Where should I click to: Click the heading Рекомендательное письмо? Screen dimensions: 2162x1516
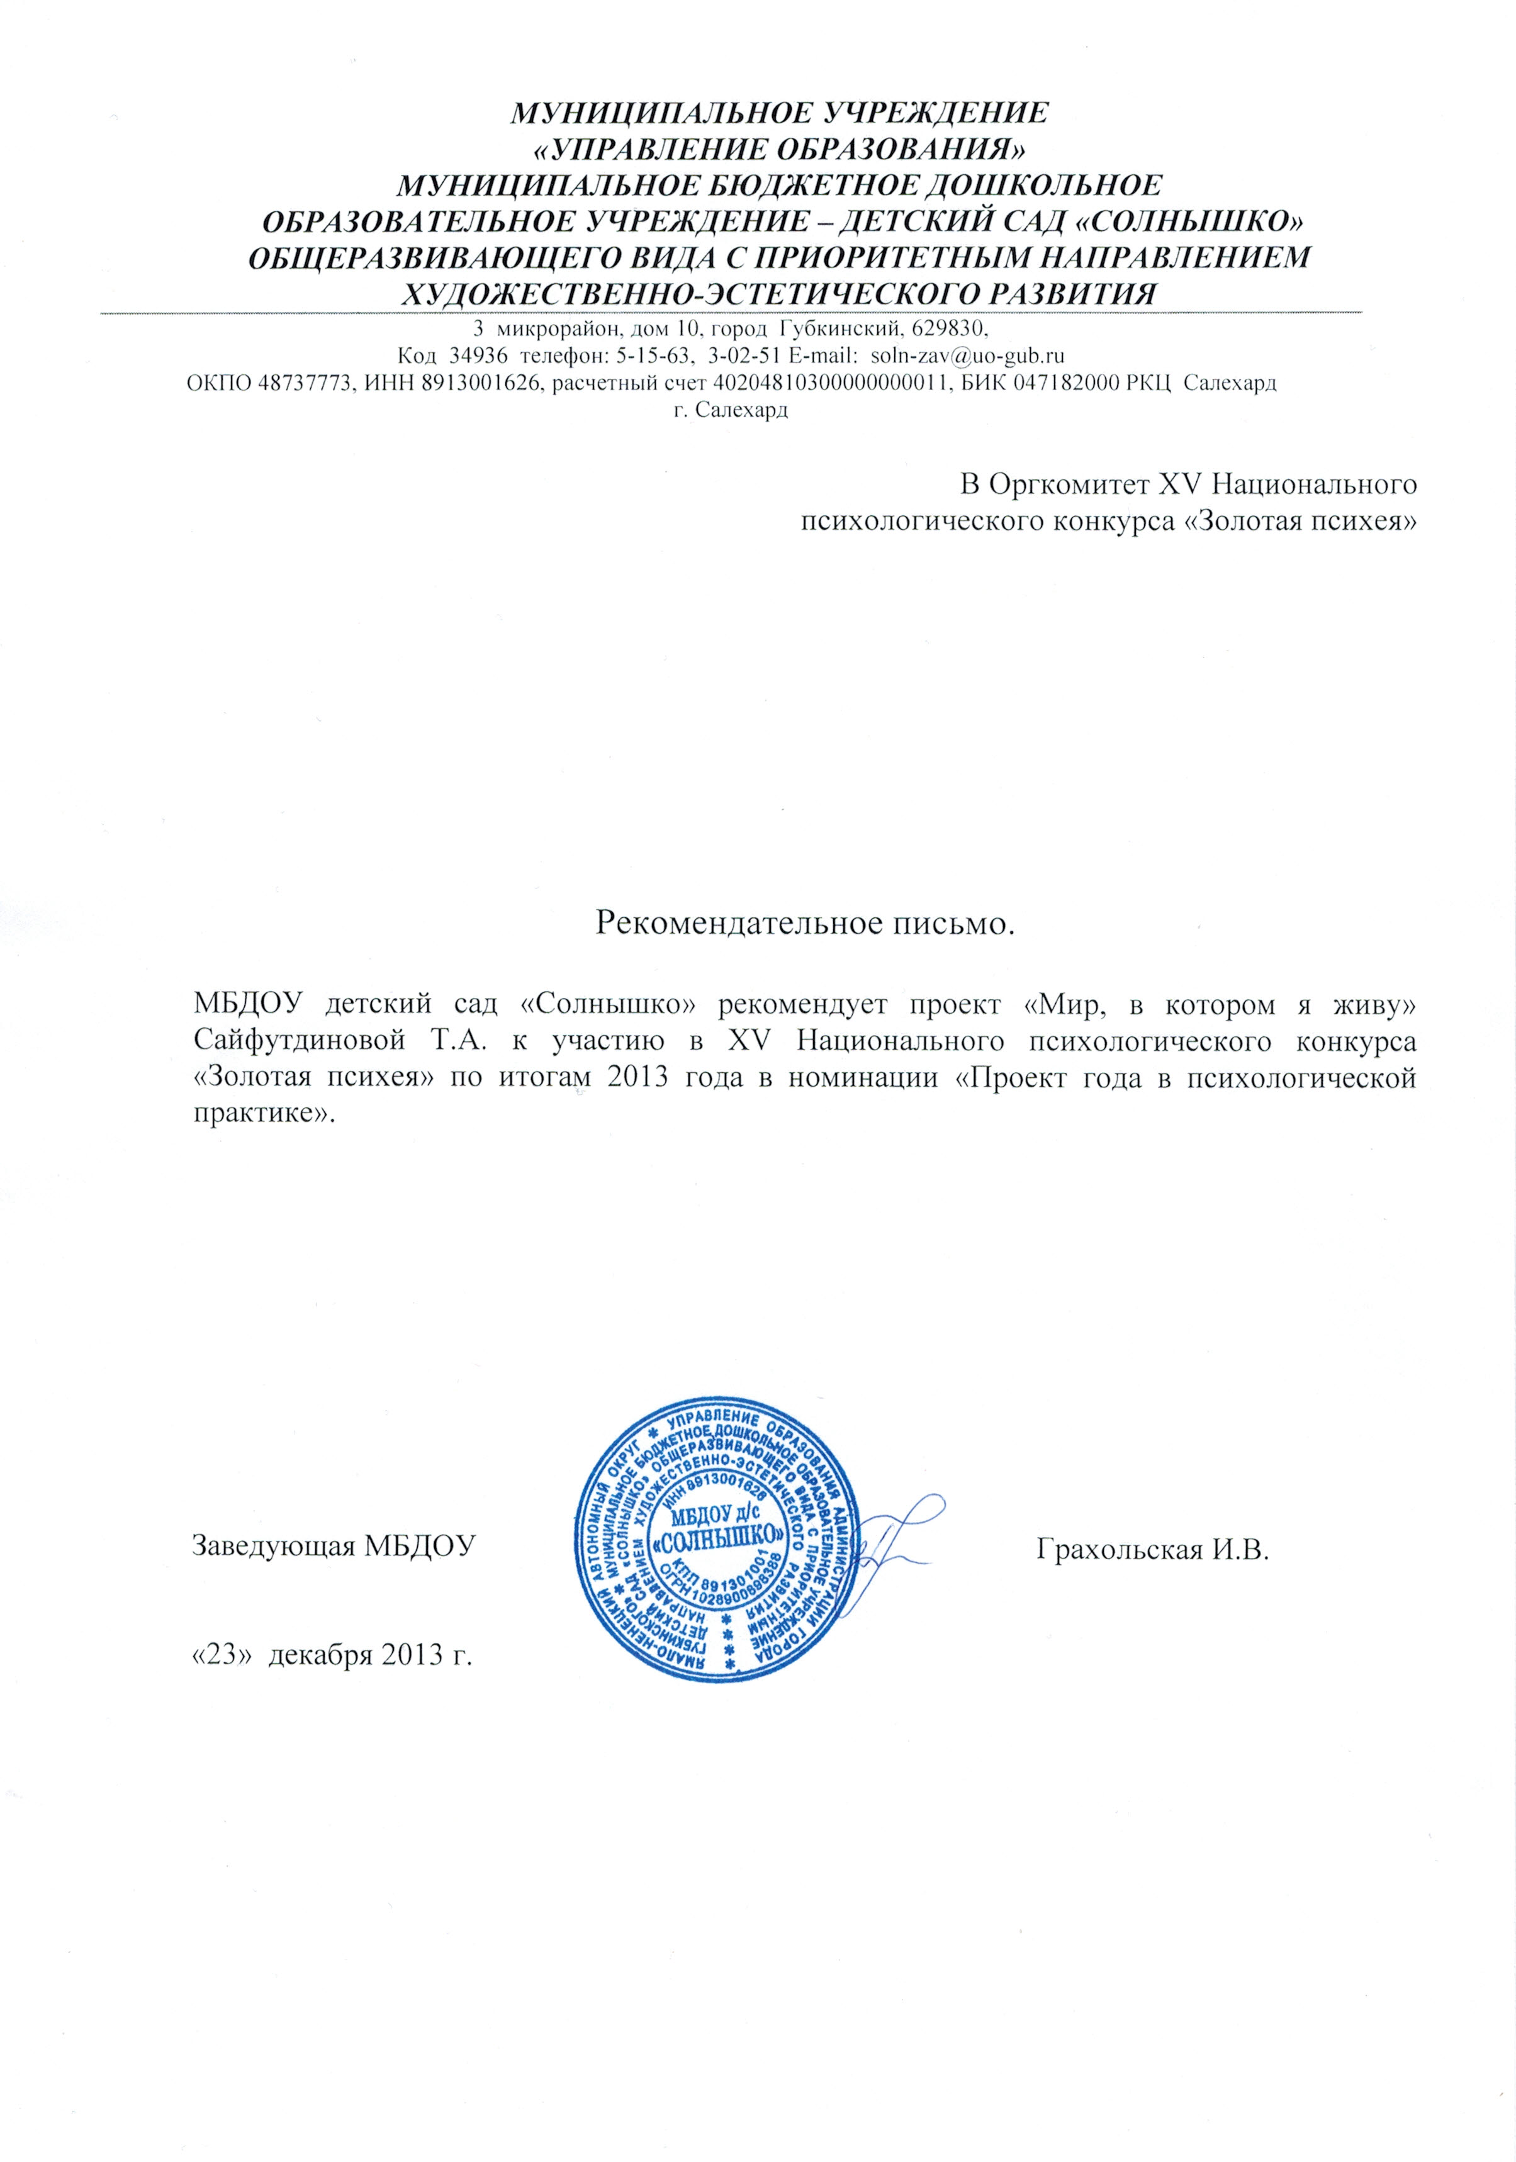point(806,924)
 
